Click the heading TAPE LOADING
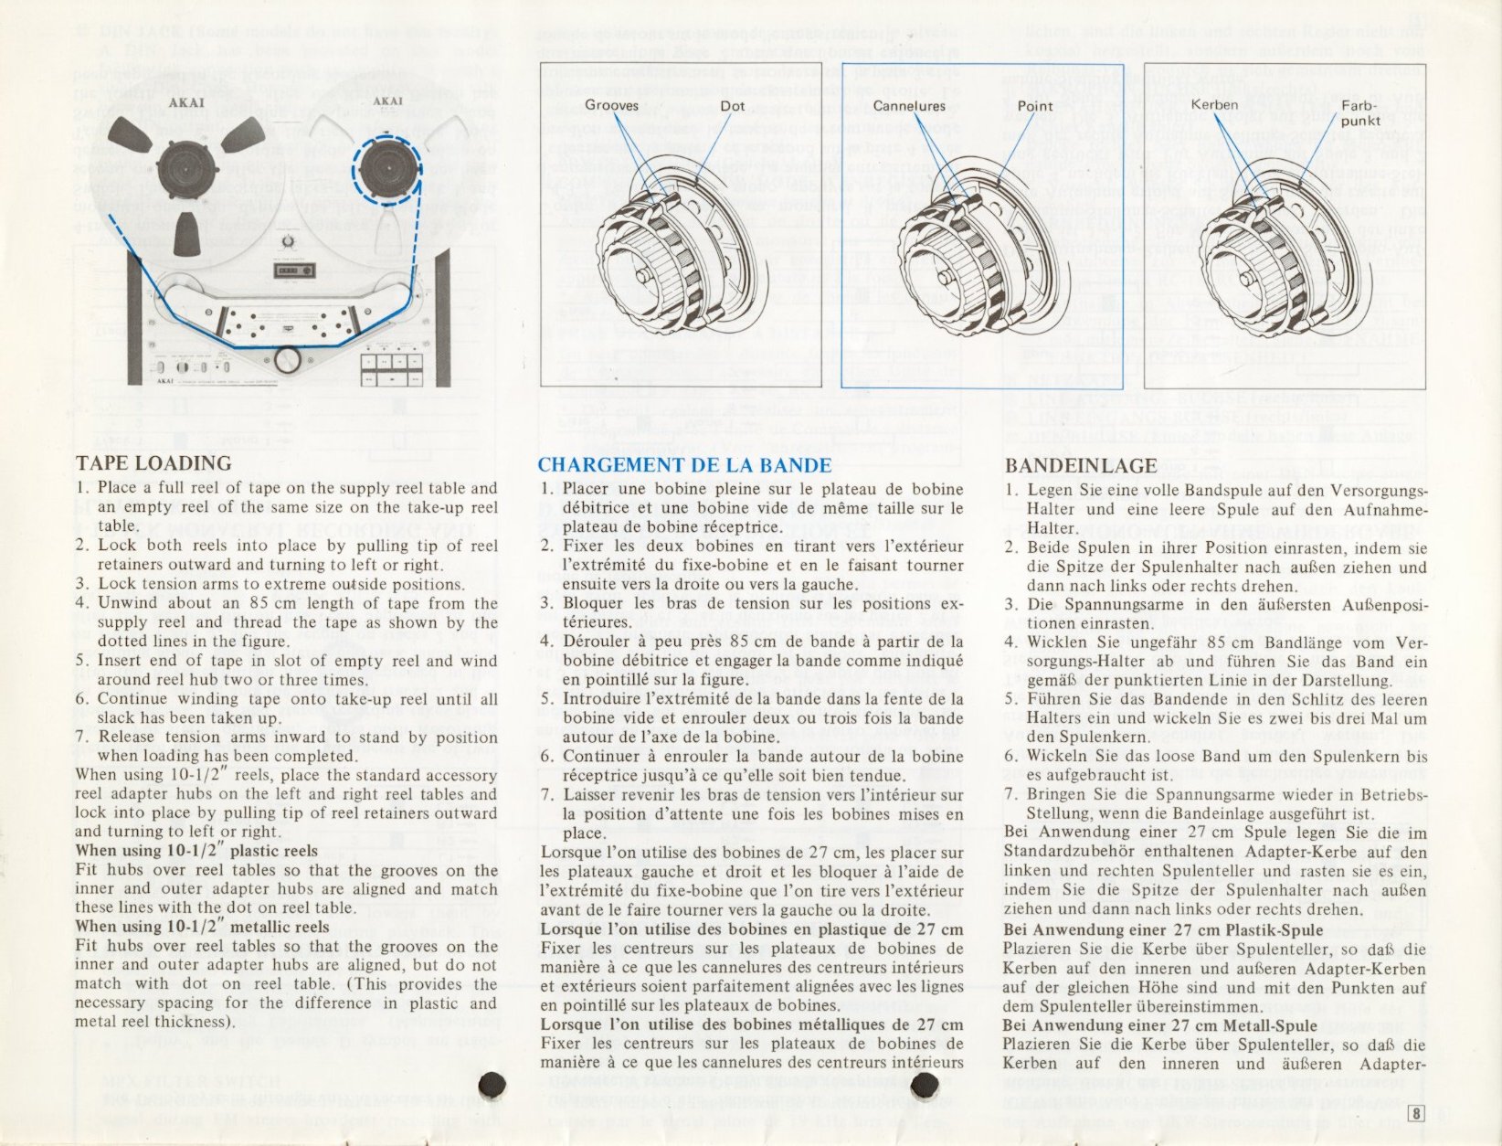(153, 463)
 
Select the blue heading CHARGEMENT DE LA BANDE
(684, 465)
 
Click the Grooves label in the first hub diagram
(611, 106)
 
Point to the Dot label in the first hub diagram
(733, 106)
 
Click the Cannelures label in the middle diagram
(909, 106)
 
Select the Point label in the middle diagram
(1035, 106)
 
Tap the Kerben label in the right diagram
(1214, 105)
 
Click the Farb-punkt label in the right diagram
(1360, 113)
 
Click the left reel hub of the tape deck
(188, 171)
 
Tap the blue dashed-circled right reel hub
(387, 170)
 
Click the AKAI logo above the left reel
(185, 103)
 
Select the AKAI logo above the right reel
(387, 101)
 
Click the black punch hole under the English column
(492, 1084)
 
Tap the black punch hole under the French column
(925, 1085)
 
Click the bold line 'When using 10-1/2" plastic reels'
(196, 851)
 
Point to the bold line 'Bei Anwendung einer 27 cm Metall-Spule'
(1160, 1025)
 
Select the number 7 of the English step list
(81, 737)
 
